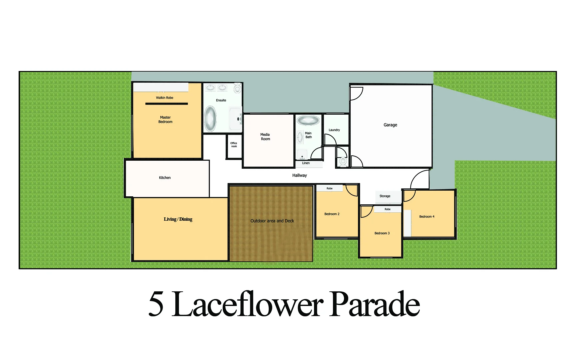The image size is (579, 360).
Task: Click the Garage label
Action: pos(390,125)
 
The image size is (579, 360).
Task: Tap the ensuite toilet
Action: pos(237,89)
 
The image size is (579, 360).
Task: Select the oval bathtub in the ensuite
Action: pos(210,118)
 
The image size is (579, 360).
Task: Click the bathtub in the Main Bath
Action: pos(308,120)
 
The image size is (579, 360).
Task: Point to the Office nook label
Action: pos(234,145)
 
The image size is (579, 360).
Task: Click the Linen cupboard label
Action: pos(306,163)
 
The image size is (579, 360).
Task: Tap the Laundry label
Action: pos(334,130)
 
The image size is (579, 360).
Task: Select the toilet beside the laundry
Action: pos(343,161)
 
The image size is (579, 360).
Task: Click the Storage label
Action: pos(385,196)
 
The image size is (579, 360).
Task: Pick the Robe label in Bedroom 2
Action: pos(329,189)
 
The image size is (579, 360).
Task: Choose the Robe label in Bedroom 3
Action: pos(387,209)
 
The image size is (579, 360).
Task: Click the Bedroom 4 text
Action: pos(427,217)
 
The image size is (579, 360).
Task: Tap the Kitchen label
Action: pos(165,178)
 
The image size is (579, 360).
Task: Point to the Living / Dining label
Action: pos(178,219)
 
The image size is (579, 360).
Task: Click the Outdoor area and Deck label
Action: pos(272,221)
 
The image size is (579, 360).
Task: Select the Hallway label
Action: pos(299,175)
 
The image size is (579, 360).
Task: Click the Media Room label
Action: pos(265,137)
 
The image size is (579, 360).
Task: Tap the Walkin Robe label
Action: pos(164,98)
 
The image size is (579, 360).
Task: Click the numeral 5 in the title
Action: pos(156,304)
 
